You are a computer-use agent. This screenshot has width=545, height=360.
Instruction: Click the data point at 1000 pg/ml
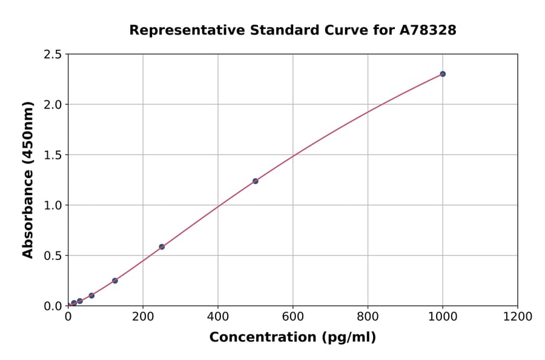tap(443, 74)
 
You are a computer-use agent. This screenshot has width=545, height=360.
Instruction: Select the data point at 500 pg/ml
tap(256, 181)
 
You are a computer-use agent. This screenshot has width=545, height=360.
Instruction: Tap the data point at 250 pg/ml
tap(162, 247)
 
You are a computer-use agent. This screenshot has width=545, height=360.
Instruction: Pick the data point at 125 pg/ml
tap(115, 281)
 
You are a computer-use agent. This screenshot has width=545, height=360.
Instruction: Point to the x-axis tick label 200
tap(143, 316)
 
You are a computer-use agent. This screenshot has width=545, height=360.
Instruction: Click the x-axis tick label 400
tap(218, 316)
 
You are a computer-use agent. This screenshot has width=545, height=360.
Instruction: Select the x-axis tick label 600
tap(293, 316)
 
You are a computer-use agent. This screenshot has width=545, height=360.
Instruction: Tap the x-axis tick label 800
tap(368, 316)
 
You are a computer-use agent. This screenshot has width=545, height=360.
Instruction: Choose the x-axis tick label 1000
tap(443, 316)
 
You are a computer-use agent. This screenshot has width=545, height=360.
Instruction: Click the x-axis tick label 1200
tap(518, 316)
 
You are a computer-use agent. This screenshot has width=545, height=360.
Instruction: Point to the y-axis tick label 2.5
tap(53, 55)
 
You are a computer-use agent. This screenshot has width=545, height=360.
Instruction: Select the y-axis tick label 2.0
tap(53, 105)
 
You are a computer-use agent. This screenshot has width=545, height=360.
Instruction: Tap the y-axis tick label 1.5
tap(53, 155)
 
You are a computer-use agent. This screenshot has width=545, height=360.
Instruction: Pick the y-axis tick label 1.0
tap(53, 205)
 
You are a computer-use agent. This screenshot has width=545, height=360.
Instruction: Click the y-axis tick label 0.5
tap(53, 256)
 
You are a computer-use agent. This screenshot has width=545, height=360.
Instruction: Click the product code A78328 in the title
tap(428, 30)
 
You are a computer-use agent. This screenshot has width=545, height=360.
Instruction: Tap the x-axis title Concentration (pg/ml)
tap(292, 338)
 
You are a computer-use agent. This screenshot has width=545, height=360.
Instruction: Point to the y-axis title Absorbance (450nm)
tap(28, 180)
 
